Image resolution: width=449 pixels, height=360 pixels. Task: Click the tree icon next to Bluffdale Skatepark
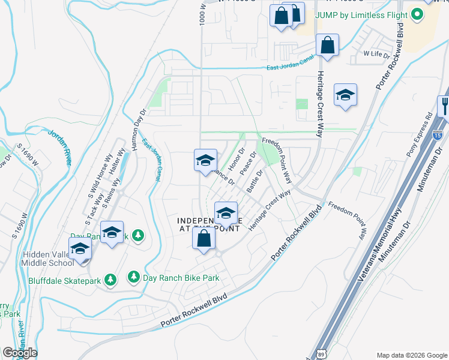click(x=110, y=279)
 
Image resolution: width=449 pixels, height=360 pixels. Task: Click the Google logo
click(x=20, y=353)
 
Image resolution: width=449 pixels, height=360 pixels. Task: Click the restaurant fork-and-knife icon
click(x=444, y=107)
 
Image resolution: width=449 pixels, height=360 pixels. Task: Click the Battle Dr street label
click(x=255, y=179)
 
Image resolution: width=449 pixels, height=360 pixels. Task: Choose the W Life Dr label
click(x=378, y=53)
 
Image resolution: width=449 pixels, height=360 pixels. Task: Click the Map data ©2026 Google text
click(x=411, y=354)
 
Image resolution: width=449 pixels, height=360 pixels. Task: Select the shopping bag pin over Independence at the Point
click(x=204, y=238)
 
